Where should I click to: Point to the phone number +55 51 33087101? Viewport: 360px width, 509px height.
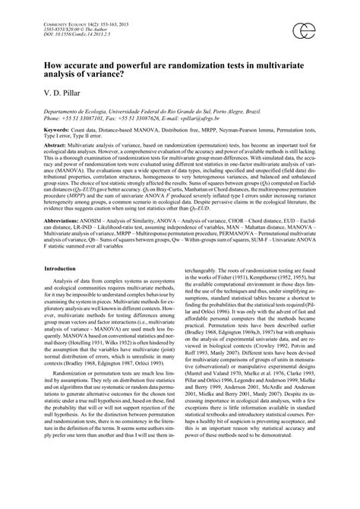coord(88,119)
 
